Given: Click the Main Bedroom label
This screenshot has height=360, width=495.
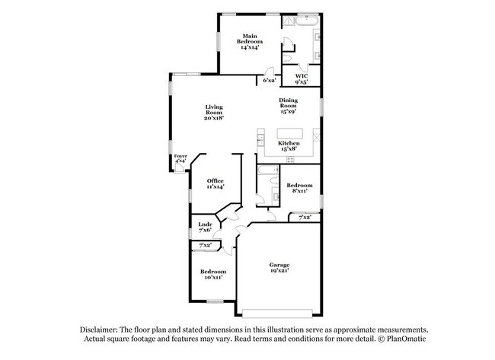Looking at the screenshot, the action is (250, 41).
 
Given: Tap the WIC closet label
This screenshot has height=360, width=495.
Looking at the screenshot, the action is (301, 79).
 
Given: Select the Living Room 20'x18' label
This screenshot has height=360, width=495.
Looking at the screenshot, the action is (214, 113).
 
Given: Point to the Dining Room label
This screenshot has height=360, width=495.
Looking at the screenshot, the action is (288, 105).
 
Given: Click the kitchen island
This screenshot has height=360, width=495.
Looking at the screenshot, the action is (290, 133).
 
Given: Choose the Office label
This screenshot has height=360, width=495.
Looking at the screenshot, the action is (216, 183).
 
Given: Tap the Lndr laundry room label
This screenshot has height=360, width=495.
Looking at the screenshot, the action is (205, 227).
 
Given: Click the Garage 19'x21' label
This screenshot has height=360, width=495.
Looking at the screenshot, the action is (279, 268).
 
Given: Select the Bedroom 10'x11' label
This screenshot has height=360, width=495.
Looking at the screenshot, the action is (213, 274).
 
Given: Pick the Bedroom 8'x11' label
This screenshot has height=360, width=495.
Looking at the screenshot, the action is (299, 188).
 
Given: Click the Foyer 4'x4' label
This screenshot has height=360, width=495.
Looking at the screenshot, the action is (180, 158).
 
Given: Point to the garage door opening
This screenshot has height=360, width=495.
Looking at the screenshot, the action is (277, 313).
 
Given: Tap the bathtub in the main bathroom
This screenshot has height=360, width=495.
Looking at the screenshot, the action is (307, 21).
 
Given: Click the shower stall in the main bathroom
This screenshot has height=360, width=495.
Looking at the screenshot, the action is (288, 21).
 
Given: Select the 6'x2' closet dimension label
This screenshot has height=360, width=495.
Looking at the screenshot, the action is (270, 80).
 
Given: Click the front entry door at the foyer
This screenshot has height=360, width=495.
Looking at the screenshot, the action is (179, 167).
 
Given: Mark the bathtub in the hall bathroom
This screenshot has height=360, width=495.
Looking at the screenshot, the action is (268, 170).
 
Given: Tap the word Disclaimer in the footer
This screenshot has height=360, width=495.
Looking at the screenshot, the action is (98, 330).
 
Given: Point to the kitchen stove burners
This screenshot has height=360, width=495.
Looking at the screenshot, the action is (290, 159).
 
